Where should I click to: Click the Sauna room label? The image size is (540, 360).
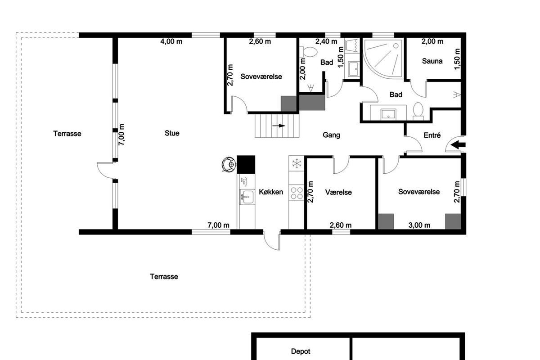pos(432,61)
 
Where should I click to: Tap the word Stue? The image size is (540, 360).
pos(172,133)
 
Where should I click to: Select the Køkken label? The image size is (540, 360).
pos(271,192)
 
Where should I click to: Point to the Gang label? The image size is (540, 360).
pos(331,135)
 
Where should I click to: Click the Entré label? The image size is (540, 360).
pos(432,135)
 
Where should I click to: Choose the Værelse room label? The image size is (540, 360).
pos(338,192)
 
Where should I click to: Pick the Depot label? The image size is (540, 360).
pos(301,351)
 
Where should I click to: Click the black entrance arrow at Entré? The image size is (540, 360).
pos(458,145)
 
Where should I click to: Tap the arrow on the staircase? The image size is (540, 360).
pos(279,126)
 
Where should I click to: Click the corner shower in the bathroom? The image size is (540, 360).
pos(383,58)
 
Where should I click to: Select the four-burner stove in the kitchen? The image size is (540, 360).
pos(297,193)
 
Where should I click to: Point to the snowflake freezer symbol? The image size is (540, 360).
pos(297,164)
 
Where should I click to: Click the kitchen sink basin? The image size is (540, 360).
pos(247,197)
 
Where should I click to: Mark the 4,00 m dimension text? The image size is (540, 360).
pos(171,41)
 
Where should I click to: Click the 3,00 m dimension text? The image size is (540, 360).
pos(419,225)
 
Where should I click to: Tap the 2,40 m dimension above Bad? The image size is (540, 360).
pos(326,41)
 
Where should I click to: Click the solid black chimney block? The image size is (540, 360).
pos(246,164)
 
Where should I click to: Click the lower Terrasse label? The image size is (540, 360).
pos(164,276)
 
